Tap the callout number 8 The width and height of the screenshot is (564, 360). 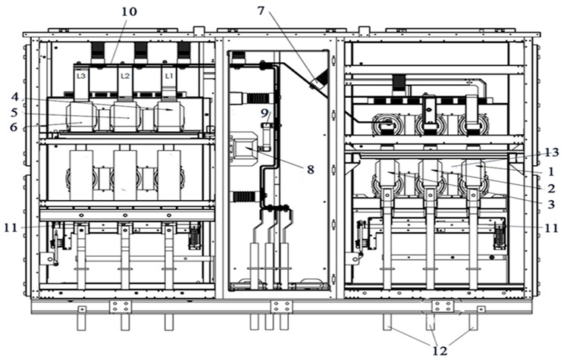point(310,169)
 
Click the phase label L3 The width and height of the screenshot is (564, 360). point(82,77)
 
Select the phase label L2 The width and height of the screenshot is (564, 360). point(126,77)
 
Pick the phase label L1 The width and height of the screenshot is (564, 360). point(170,77)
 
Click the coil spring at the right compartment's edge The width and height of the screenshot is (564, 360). point(500,238)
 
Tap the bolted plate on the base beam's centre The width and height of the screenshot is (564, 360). point(281,307)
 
